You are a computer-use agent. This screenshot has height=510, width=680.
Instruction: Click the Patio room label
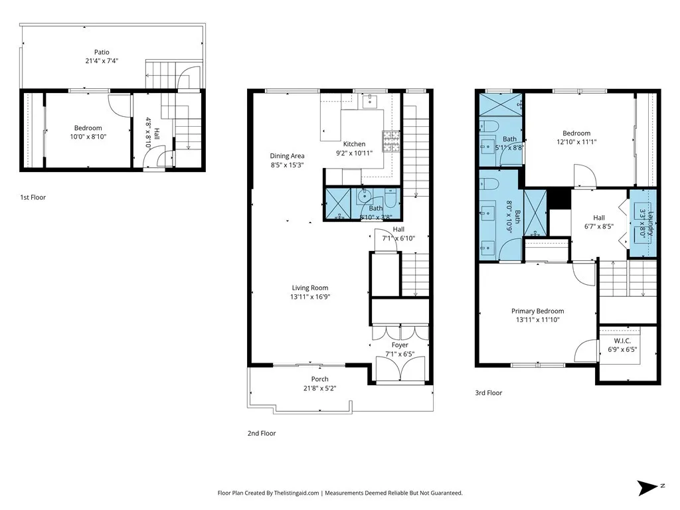[x=102, y=52]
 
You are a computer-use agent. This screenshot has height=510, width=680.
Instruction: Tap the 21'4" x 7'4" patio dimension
[x=102, y=61]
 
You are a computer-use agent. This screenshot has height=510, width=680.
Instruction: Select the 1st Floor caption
[x=33, y=197]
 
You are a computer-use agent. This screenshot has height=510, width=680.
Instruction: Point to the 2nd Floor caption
[x=262, y=433]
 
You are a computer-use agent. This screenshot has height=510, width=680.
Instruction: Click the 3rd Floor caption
[x=488, y=393]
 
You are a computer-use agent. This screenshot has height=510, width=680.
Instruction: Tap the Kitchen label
[x=355, y=144]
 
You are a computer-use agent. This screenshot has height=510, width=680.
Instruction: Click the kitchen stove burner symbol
[x=390, y=141]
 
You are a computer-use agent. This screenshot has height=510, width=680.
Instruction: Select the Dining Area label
[x=287, y=155]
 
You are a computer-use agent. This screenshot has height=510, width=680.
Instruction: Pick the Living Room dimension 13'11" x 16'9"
[x=310, y=297]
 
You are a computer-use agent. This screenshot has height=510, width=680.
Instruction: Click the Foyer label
[x=400, y=345]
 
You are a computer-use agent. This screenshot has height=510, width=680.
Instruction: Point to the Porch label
[x=319, y=379]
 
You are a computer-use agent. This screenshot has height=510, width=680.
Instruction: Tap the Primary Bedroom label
[x=538, y=311]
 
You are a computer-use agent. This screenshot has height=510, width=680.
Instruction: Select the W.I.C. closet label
[x=622, y=341]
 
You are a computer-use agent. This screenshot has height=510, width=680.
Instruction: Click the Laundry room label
[x=651, y=223]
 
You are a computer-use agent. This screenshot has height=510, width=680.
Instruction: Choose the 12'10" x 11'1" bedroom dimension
[x=577, y=142]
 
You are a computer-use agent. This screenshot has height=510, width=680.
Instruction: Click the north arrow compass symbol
[x=648, y=487]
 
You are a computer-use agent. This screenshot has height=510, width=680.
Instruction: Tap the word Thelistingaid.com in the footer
[x=296, y=493]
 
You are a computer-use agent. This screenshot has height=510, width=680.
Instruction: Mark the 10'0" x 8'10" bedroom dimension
[x=88, y=137]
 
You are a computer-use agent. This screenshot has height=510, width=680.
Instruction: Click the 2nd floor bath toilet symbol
[x=390, y=197]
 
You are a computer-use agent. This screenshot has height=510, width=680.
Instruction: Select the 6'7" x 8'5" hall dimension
[x=599, y=226]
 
